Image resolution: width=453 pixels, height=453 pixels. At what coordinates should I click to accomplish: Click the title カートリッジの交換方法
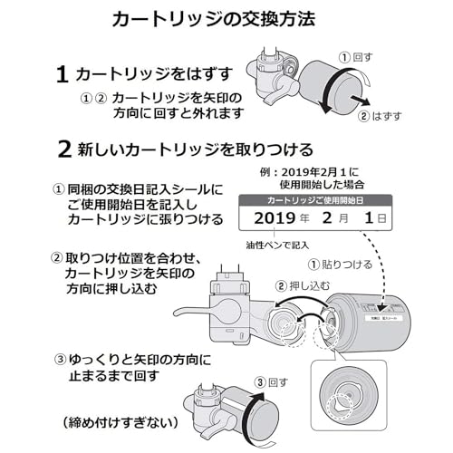point(226,19)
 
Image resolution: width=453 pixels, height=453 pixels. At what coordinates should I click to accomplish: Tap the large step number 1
point(63,73)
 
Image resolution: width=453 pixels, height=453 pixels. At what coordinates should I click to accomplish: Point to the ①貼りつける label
point(343,265)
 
